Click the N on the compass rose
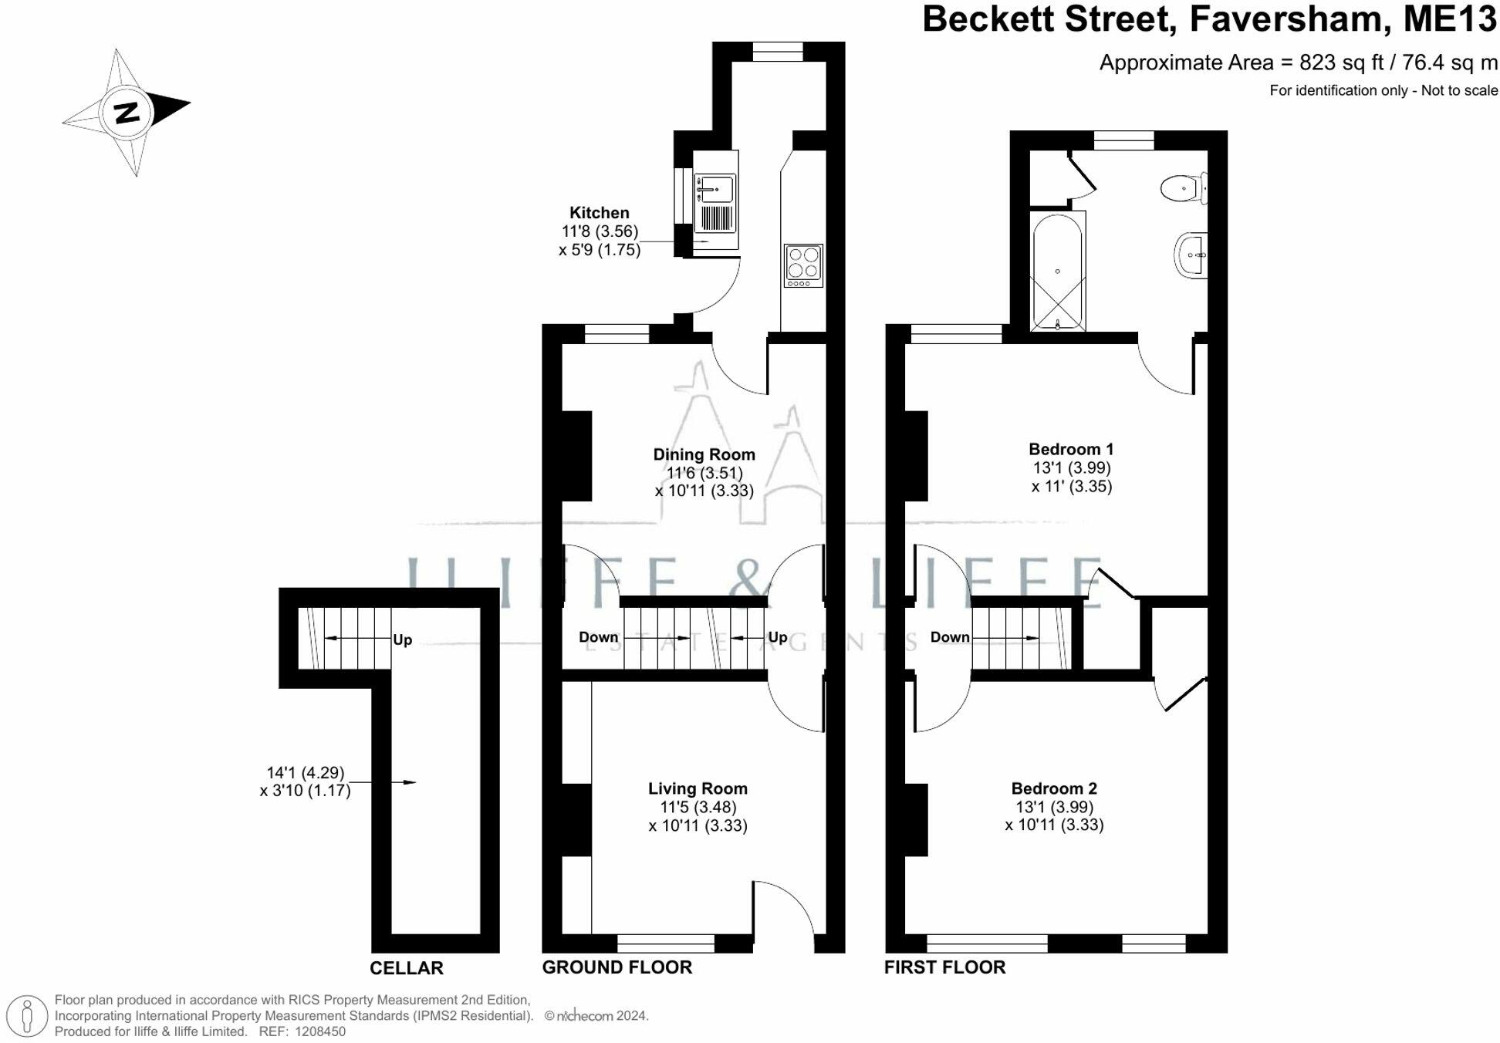coord(127,113)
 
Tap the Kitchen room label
coord(599,213)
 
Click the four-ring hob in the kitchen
coord(803,265)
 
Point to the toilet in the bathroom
coord(1184,188)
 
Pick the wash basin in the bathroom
coord(1191,255)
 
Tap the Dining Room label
coord(704,454)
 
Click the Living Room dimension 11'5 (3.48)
coord(698,807)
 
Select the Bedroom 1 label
coord(1071,449)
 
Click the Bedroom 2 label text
coord(1054,788)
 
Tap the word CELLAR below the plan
coord(407,968)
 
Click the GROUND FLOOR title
coord(617,967)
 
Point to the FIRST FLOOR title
coord(944,967)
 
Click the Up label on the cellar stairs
coord(403,640)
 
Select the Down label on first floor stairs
coord(949,637)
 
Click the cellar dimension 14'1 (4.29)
coord(306,772)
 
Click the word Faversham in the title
coord(1291,19)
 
